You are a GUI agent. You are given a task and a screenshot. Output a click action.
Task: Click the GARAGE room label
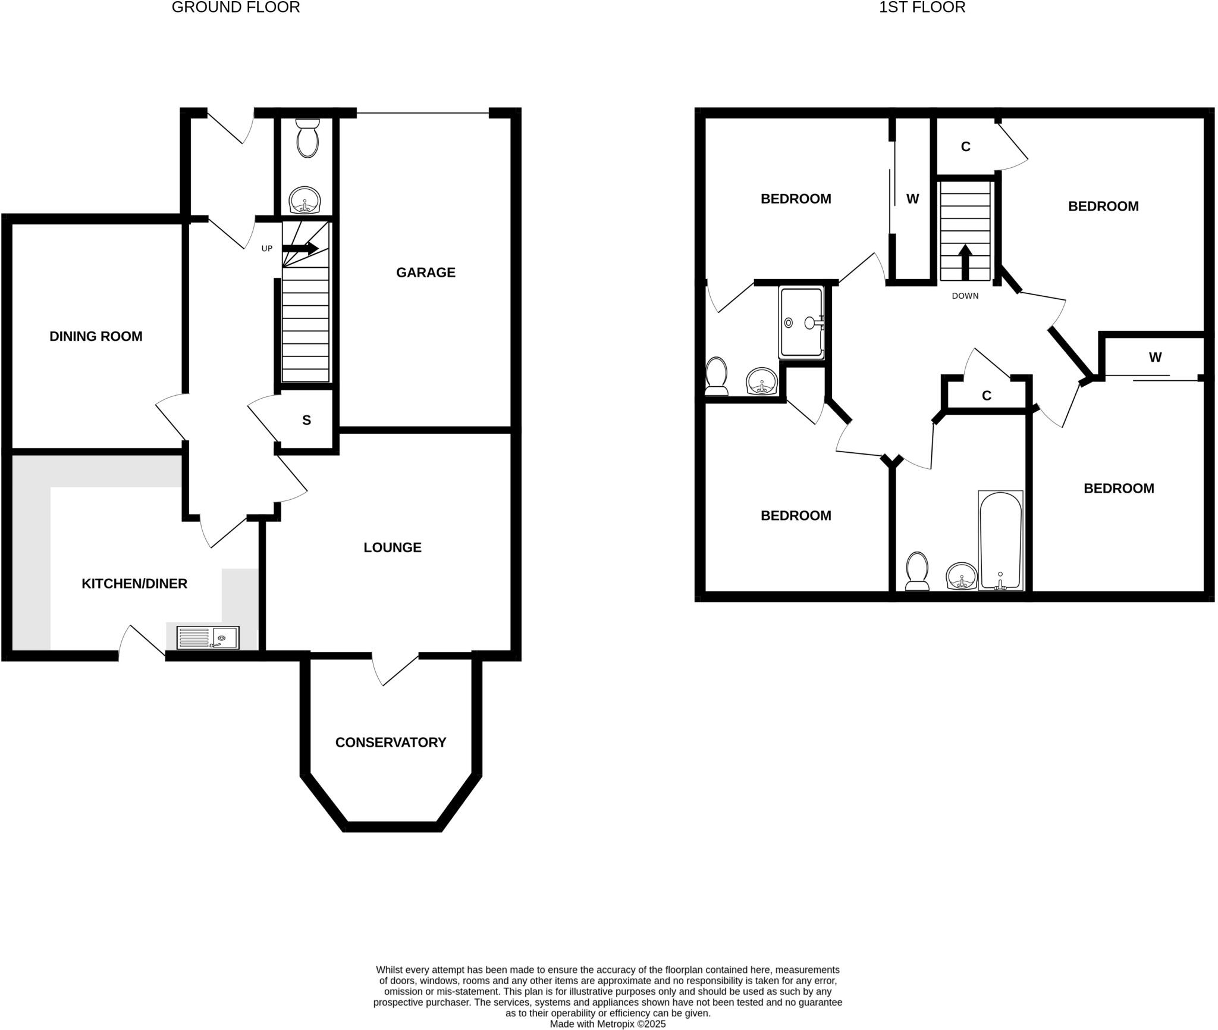(425, 273)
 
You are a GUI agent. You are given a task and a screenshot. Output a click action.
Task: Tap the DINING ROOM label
(96, 336)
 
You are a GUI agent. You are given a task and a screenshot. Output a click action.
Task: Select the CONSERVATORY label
(390, 742)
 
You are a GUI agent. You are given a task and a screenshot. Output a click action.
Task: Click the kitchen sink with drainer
(208, 637)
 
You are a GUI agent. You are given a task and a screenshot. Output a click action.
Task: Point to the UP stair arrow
(300, 249)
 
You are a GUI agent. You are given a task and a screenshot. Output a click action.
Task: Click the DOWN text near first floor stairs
(965, 296)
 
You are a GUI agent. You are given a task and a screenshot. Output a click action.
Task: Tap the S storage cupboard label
(306, 420)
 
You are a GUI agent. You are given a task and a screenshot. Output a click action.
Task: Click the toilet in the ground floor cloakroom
(307, 138)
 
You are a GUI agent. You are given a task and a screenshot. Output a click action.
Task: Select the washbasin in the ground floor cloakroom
(304, 200)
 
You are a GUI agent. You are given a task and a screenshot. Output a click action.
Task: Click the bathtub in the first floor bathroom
(1000, 540)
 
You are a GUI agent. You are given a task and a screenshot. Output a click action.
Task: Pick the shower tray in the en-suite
(801, 323)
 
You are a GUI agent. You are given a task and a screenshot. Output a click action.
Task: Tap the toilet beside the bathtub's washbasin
(916, 571)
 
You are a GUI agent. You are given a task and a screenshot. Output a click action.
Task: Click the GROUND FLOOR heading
(236, 7)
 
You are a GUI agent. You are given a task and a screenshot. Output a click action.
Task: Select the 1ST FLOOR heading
(922, 7)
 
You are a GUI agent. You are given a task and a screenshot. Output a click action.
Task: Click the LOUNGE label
(393, 547)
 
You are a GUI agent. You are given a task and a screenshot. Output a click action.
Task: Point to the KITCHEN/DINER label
(134, 584)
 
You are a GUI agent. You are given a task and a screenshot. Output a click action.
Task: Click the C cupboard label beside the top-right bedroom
(965, 146)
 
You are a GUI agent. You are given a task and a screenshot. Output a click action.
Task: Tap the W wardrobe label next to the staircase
(912, 199)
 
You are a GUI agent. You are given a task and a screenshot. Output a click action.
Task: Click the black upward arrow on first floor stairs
(965, 262)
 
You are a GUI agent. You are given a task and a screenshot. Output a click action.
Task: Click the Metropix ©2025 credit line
(607, 1024)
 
